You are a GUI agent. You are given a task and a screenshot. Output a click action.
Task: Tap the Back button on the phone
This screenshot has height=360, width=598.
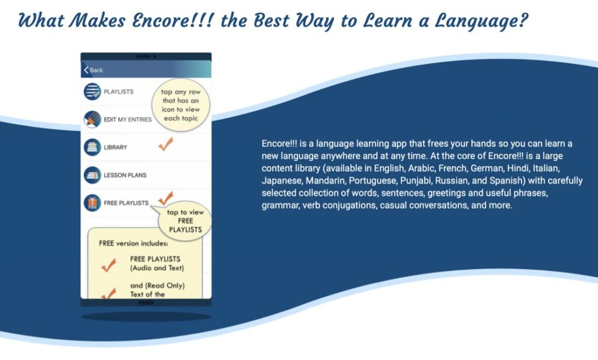(93, 70)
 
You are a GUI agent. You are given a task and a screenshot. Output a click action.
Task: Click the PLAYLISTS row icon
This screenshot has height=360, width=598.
(92, 92)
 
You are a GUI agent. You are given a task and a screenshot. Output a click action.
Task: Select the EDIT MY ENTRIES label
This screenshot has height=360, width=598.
(127, 119)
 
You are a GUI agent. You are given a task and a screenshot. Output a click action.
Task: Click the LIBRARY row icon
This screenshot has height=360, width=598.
(92, 147)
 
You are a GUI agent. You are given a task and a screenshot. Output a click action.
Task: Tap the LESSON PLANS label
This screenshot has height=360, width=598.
(125, 175)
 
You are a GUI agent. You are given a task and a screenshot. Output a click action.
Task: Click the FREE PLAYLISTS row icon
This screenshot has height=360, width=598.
(92, 203)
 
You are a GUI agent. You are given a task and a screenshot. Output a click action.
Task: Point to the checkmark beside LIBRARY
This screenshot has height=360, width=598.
(166, 145)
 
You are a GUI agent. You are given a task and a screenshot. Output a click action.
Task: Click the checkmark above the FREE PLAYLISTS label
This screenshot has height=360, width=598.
(166, 197)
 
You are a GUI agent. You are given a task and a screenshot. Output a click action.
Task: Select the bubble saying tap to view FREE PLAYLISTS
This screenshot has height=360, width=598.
(185, 221)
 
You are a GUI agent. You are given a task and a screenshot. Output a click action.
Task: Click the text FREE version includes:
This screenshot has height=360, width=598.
(133, 243)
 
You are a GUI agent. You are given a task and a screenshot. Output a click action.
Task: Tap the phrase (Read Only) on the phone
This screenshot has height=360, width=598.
(165, 286)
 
